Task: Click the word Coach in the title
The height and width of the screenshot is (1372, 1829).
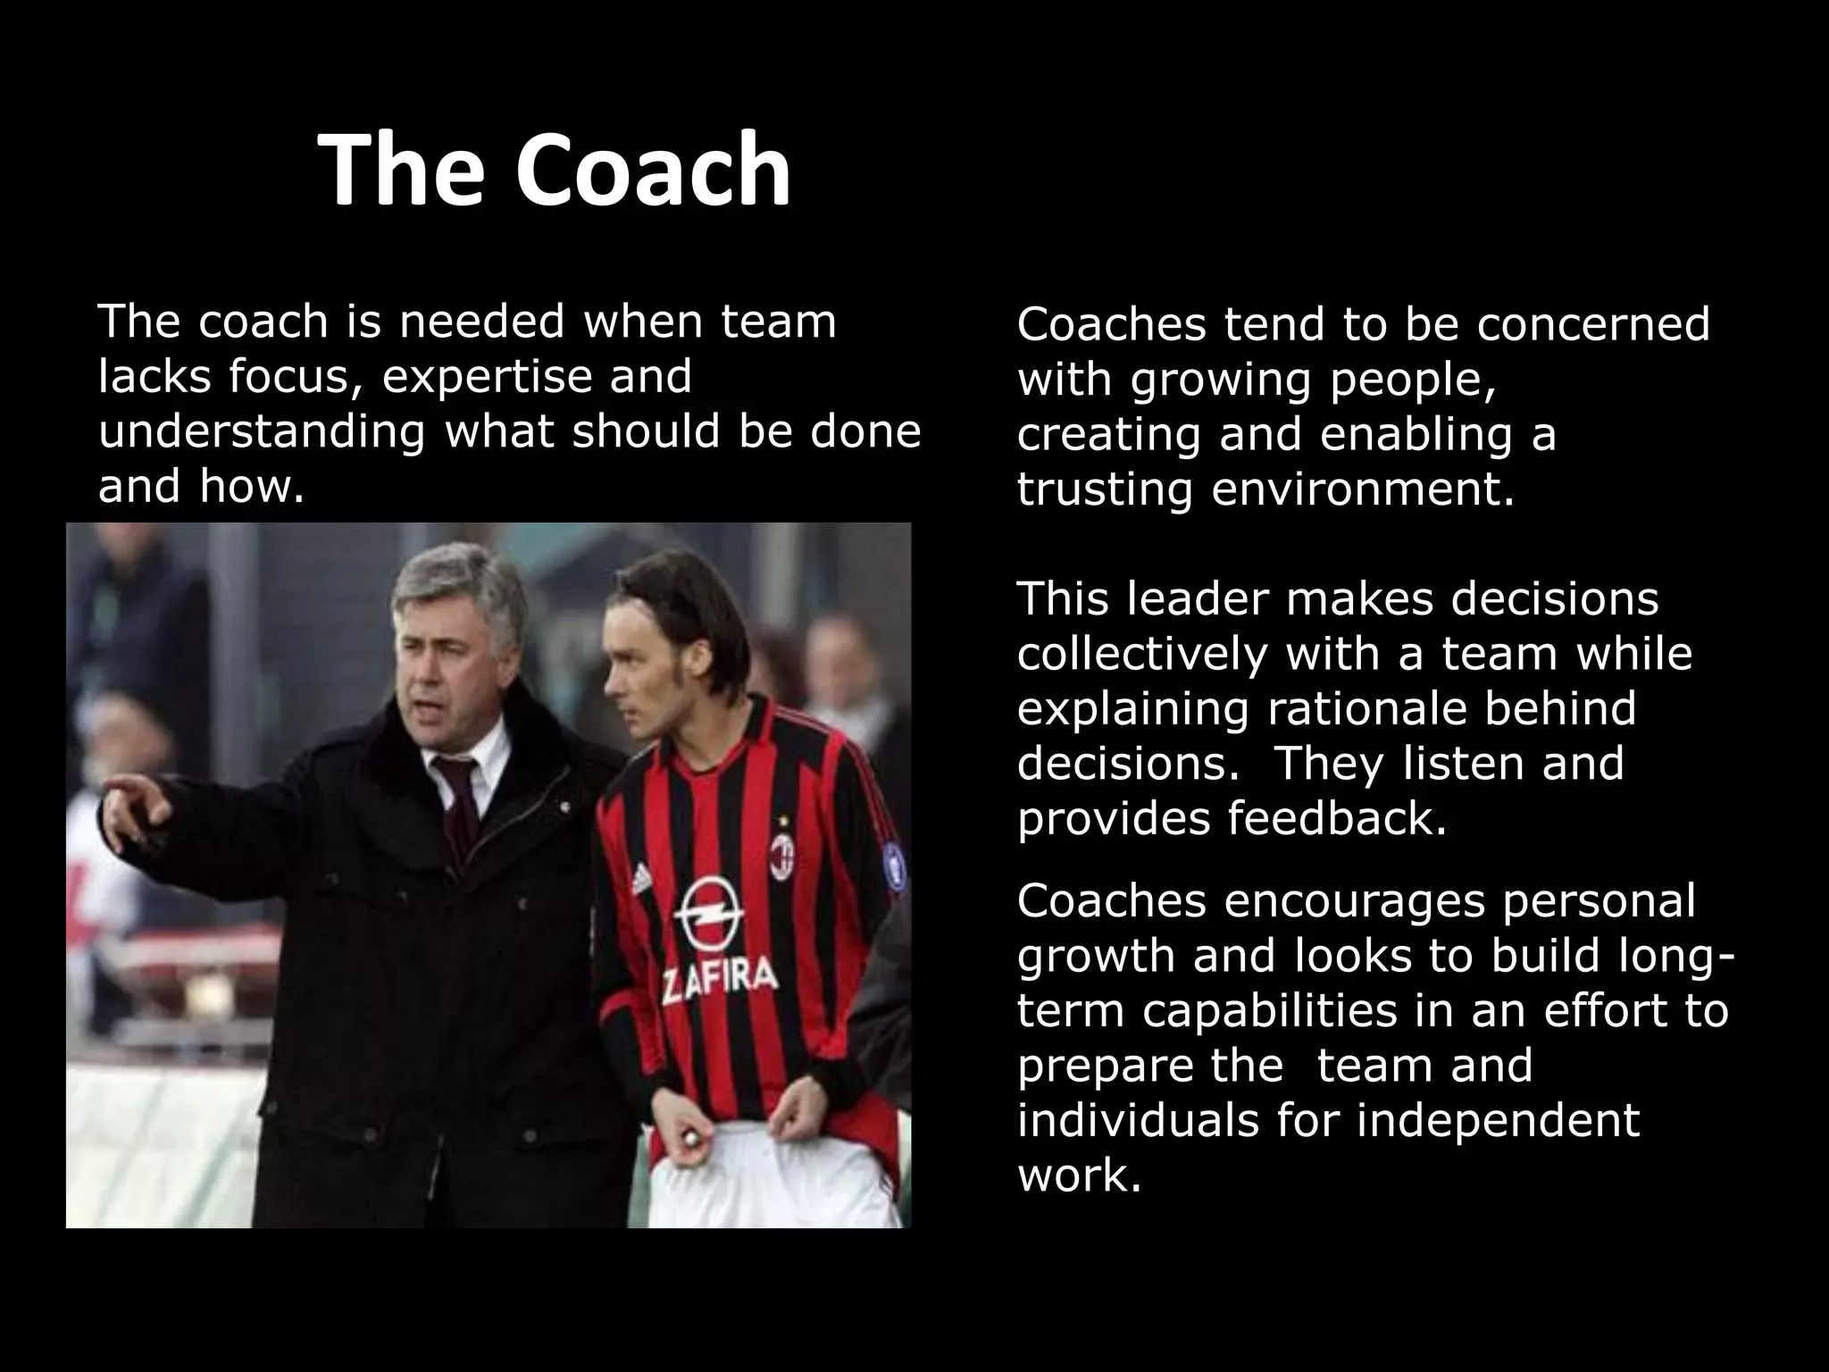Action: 652,170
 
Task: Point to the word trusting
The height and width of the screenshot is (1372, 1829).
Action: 1104,490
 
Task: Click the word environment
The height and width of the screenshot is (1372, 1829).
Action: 1363,490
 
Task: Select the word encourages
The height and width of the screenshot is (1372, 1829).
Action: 1354,901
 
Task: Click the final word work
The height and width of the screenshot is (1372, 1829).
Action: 1079,1176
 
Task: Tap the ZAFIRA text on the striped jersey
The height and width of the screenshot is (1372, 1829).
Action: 718,979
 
